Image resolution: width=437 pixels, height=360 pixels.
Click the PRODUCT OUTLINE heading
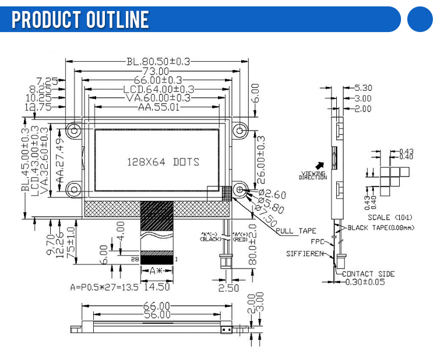[80, 19]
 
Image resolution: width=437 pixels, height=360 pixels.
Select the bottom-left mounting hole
[75, 189]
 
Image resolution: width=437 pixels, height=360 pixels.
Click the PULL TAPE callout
[295, 231]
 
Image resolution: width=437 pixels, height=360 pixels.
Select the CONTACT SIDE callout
[368, 273]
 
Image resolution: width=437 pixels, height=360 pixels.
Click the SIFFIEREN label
[304, 254]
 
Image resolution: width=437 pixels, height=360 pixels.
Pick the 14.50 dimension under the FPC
[156, 287]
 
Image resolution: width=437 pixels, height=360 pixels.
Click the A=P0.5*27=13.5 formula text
[105, 287]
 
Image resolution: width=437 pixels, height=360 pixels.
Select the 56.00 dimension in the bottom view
[156, 315]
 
